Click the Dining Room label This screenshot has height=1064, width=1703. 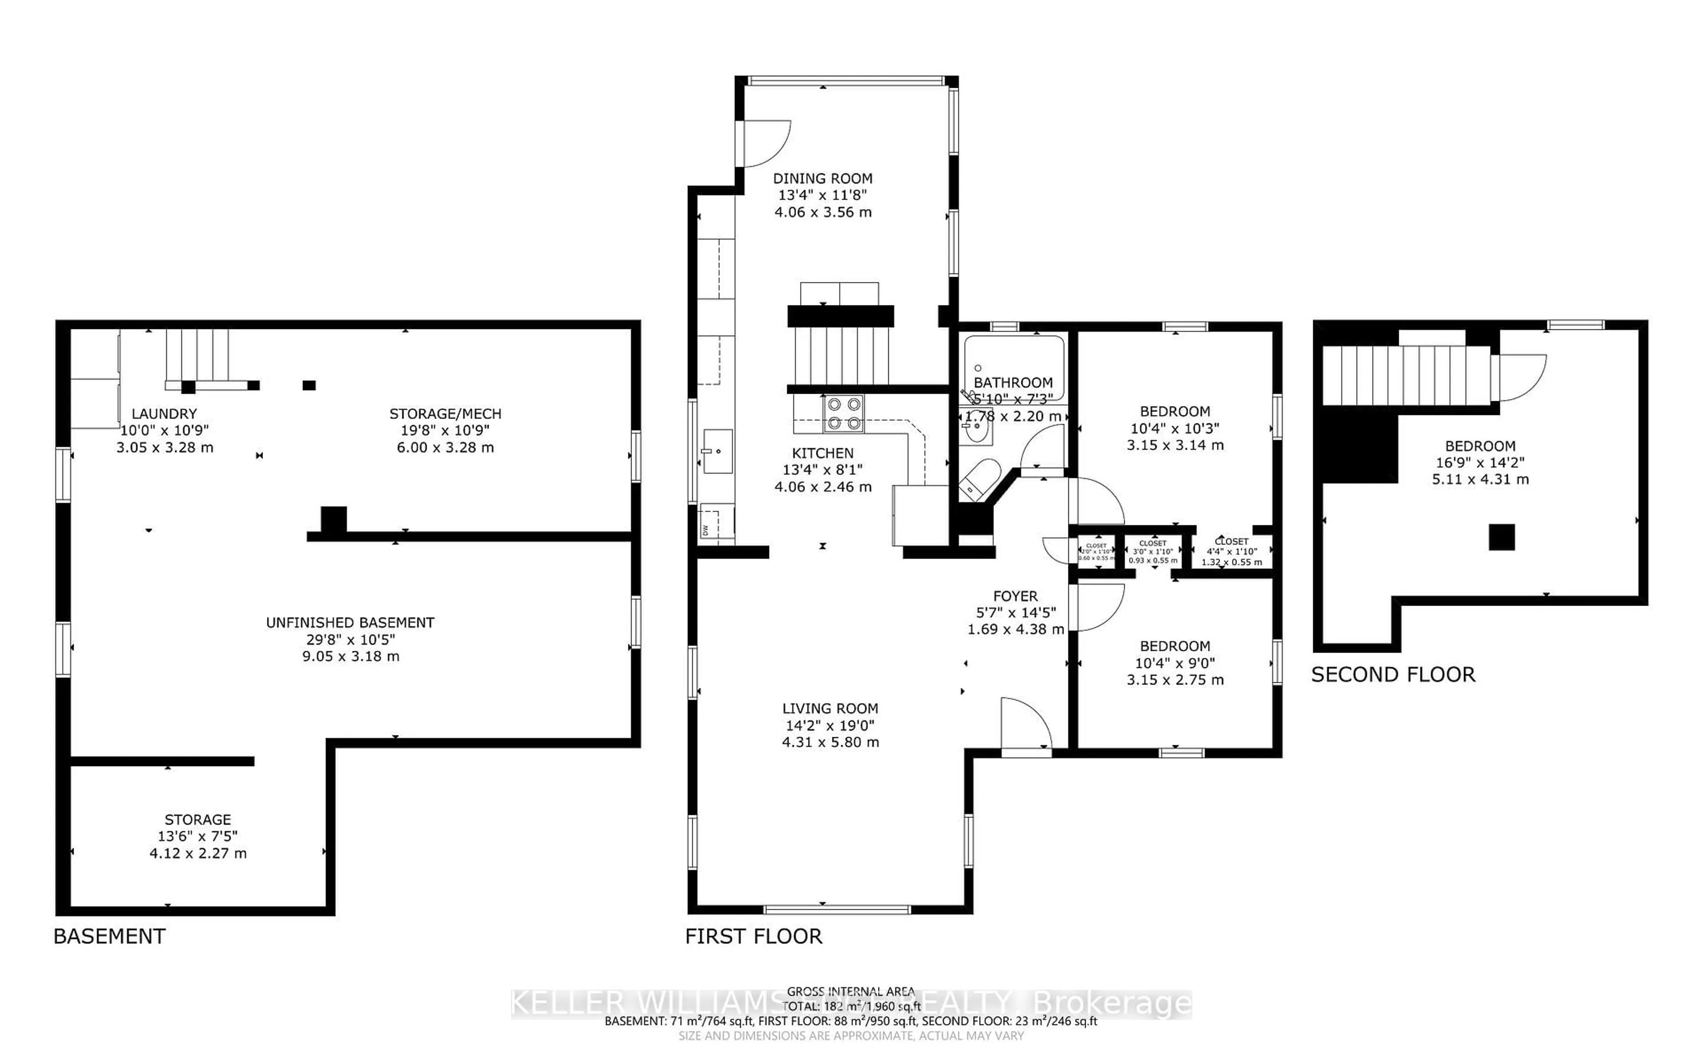(x=823, y=179)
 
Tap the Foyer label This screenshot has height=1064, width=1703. (x=1016, y=596)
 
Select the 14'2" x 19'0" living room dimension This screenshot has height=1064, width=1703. (x=830, y=726)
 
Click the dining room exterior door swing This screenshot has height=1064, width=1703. (x=765, y=144)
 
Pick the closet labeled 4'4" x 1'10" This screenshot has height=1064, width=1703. (x=1232, y=552)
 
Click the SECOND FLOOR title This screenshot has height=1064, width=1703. (x=1393, y=675)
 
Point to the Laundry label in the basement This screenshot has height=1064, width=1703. (x=164, y=414)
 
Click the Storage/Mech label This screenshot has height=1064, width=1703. (x=445, y=414)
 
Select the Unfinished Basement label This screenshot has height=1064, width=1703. (x=350, y=623)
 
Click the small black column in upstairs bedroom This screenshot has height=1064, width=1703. (x=1501, y=538)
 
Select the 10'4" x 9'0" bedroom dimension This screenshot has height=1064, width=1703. (x=1174, y=663)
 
